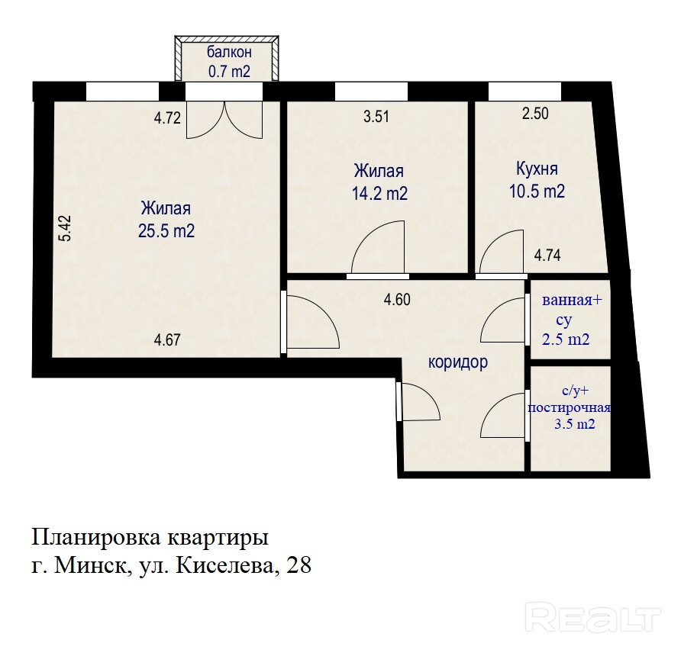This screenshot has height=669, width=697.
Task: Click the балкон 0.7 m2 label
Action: coord(229,62)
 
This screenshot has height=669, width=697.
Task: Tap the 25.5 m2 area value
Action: coord(166,231)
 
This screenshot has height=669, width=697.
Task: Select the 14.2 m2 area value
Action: coord(379,193)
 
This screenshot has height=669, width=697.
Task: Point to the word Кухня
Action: coord(537,169)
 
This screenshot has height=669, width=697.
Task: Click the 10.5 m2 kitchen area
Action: coord(537,191)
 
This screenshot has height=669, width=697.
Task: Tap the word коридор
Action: coord(458,362)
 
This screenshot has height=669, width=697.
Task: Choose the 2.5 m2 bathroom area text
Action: coord(566,339)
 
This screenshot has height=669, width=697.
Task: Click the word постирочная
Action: coord(569,408)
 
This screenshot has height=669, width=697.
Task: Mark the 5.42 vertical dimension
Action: coord(66,228)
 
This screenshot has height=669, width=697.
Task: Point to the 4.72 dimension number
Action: coord(167,118)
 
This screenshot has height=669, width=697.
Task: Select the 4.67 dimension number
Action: coord(167,339)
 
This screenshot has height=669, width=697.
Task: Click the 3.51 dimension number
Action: coord(376,117)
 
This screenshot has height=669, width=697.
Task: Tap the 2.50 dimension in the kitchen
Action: coord(535,114)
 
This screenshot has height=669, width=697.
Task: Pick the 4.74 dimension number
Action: coord(547,256)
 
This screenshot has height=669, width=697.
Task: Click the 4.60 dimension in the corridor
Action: coord(397,299)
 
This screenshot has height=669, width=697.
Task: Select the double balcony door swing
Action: coord(224,120)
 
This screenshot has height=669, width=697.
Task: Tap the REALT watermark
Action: coord(592,617)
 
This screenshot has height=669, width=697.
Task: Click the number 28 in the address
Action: coord(299,565)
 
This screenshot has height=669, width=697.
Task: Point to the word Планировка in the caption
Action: coord(96,538)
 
